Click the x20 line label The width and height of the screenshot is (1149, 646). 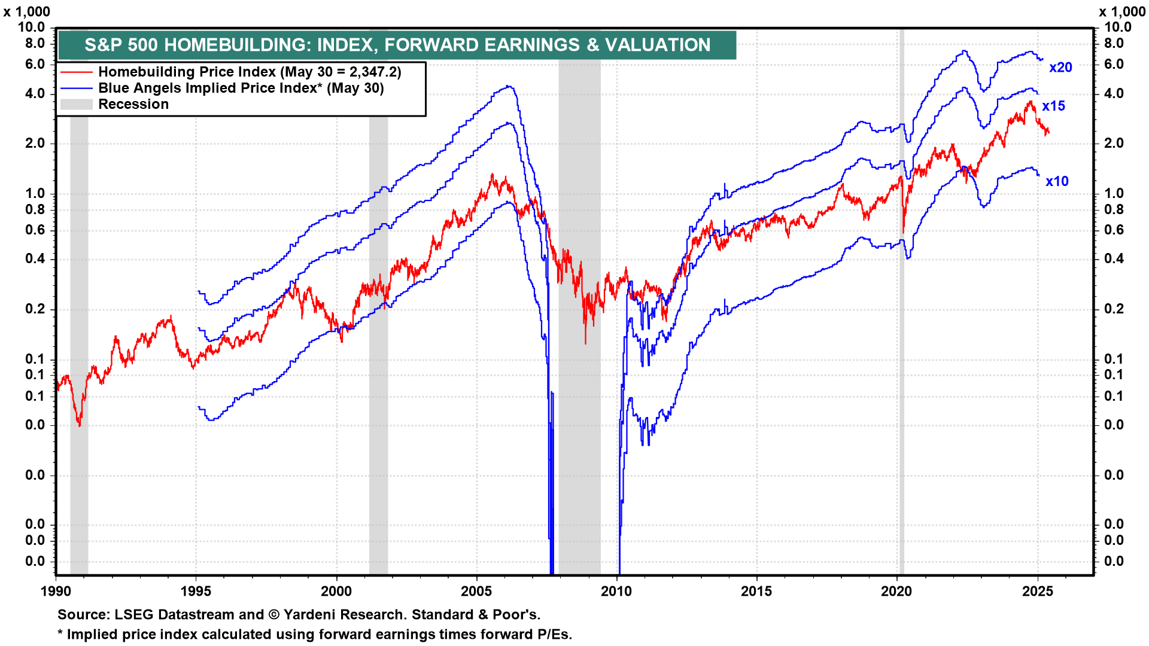[x=1060, y=68]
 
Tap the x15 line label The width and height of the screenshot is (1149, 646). [x=1053, y=106]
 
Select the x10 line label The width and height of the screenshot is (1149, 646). [x=1057, y=182]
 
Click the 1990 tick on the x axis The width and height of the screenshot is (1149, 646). [x=56, y=592]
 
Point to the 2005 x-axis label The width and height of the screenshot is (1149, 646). [x=476, y=592]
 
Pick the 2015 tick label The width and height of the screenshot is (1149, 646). [x=756, y=592]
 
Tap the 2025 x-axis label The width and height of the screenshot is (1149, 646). [x=1037, y=592]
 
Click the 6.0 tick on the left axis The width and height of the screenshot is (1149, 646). [x=35, y=65]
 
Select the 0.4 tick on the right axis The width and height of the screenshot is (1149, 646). [x=1114, y=259]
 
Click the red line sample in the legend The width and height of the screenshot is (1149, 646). [x=76, y=72]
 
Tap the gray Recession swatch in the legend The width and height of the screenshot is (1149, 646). [x=76, y=105]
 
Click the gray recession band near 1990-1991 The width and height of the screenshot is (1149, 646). [x=79, y=299]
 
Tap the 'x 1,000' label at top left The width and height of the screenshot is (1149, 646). [x=27, y=12]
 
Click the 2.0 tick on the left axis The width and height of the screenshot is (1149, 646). [x=35, y=144]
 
